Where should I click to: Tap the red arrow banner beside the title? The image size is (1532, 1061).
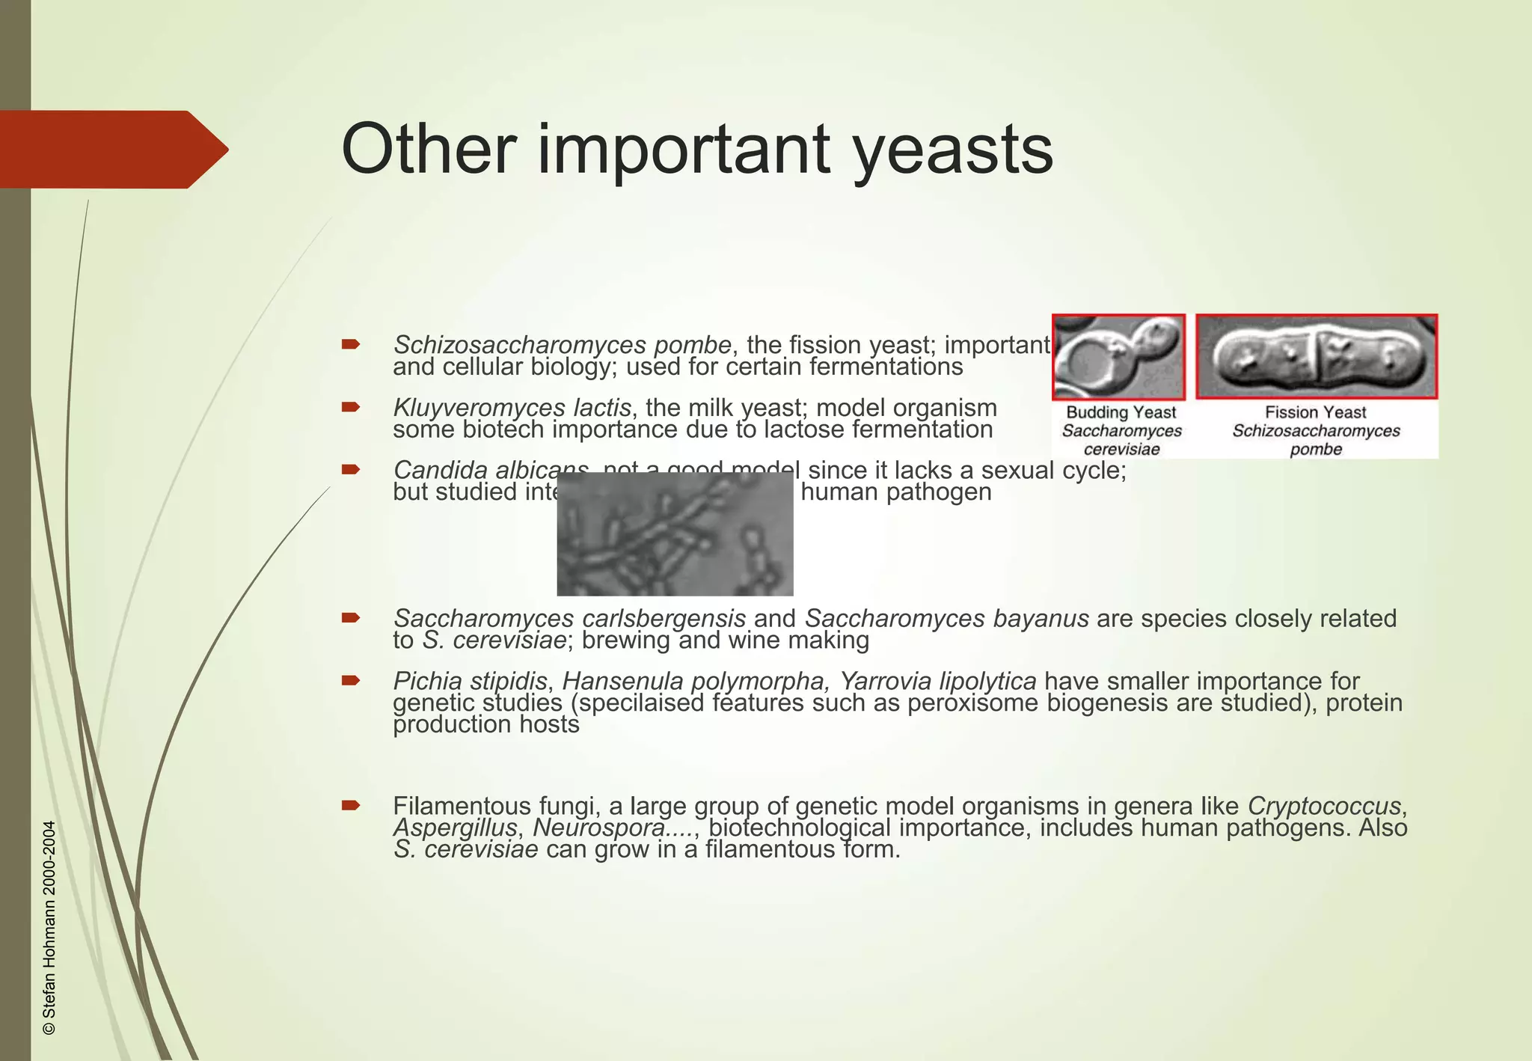[x=112, y=150]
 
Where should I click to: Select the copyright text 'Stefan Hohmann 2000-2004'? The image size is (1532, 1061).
[x=50, y=928]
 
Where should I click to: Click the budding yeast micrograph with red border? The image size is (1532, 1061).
[x=1118, y=357]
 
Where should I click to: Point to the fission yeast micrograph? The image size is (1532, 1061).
[x=1317, y=357]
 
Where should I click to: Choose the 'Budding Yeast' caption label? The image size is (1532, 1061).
[x=1121, y=412]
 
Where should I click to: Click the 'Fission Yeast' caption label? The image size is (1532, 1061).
[x=1315, y=412]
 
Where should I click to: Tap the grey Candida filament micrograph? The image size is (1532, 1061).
[x=675, y=534]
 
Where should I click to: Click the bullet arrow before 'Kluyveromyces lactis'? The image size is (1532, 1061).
[x=351, y=408]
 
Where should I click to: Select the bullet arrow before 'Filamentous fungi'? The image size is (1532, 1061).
[x=351, y=806]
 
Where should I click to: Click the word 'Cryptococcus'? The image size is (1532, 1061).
[x=1323, y=807]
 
